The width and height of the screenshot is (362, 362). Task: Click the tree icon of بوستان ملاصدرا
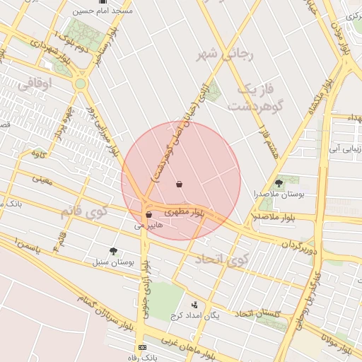click(x=279, y=183)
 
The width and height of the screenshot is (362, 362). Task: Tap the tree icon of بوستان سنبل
click(x=113, y=250)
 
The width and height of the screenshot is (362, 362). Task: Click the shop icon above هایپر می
click(x=148, y=214)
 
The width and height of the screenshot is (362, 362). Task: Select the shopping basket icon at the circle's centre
click(x=180, y=184)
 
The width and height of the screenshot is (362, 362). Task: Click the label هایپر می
click(x=148, y=226)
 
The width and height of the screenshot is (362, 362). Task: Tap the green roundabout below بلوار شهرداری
click(x=81, y=83)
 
